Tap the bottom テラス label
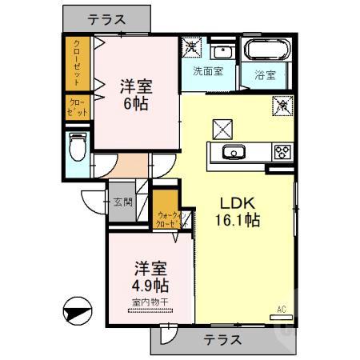[221, 339]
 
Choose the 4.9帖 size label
[150, 286]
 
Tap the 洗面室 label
[208, 70]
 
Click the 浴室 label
[266, 77]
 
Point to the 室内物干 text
[150, 302]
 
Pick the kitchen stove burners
[283, 150]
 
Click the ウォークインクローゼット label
[170, 218]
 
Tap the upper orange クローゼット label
[77, 64]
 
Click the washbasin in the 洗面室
[223, 52]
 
